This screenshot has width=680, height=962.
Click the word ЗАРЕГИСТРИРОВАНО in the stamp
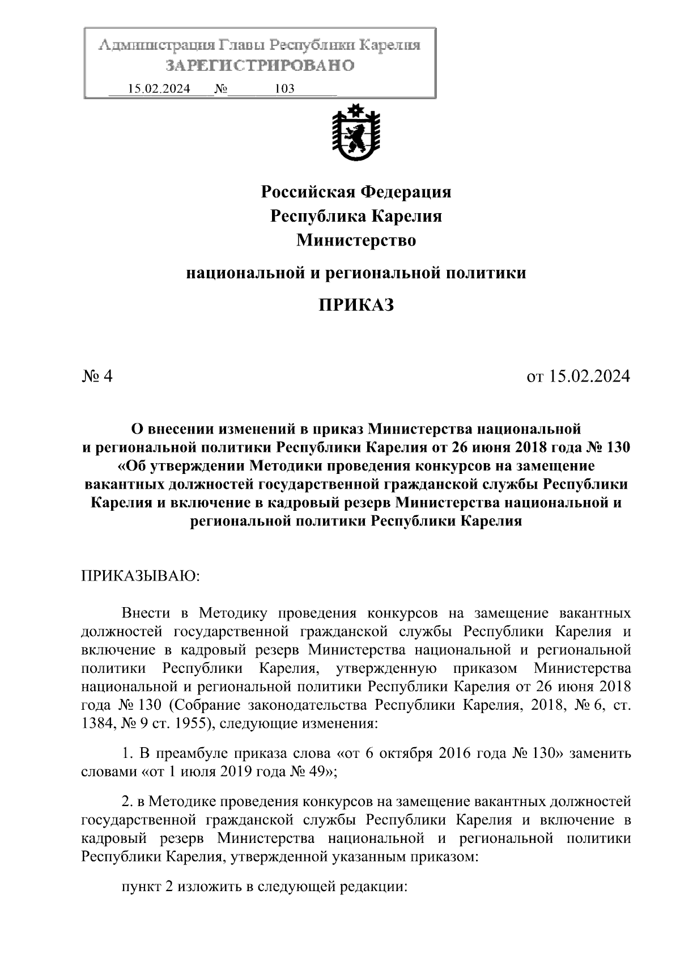tap(260, 66)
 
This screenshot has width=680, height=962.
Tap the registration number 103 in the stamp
tap(284, 89)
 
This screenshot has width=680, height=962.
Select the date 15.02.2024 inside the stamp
tap(159, 89)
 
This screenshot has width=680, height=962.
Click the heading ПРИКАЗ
tap(356, 306)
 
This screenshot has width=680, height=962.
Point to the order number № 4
tap(97, 376)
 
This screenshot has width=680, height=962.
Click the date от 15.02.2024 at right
tap(578, 376)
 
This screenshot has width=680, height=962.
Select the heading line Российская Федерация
tap(356, 192)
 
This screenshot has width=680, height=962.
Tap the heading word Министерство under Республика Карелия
tap(356, 240)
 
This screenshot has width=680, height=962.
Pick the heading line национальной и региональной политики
tap(356, 273)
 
